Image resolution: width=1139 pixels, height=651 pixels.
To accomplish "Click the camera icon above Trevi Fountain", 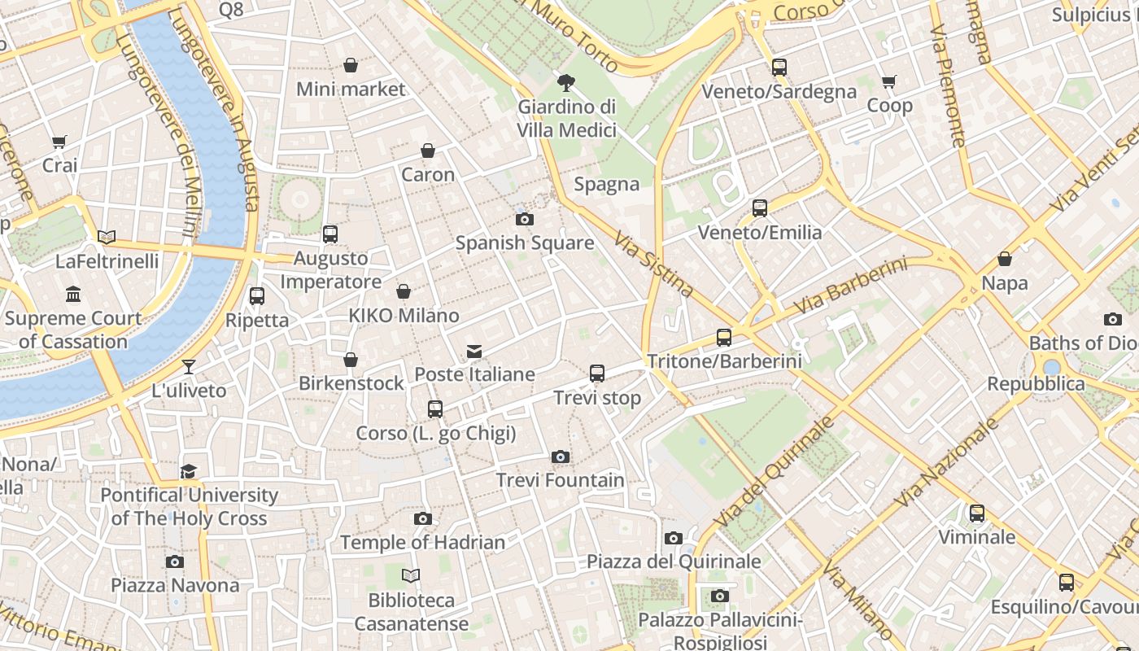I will pos(560,457).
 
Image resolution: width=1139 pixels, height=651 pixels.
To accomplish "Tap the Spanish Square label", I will pos(524,242).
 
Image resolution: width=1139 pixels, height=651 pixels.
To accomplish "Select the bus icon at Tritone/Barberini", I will pos(724,338).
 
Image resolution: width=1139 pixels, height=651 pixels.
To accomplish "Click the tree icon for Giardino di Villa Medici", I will pos(566,82).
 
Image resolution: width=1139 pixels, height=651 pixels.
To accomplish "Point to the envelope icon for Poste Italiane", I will pos(474,352).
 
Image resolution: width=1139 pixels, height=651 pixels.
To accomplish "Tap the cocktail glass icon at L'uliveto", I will pos(189,367).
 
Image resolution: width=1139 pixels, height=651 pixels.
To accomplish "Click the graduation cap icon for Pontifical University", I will pos(189,471).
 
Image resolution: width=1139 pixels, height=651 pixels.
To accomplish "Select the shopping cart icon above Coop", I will pos(889,82).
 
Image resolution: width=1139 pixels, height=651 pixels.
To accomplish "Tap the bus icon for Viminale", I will pos(977,513).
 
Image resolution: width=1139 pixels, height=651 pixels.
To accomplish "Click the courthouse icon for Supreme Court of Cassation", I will pos(73,294).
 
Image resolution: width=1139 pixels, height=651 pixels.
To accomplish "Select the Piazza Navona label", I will pos(175,585).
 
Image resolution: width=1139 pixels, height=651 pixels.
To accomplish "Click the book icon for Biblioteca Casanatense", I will pos(411,576).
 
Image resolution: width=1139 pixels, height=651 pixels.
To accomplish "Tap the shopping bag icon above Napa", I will pos(1005,260).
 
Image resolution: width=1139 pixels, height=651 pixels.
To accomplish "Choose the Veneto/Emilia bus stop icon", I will pos(760,208).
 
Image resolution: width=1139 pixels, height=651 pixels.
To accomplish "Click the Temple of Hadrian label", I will pos(422,542).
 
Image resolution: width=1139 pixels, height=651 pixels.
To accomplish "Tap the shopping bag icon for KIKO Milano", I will pos(404,291).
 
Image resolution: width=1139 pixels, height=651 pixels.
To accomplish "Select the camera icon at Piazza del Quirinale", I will pos(674,538).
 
